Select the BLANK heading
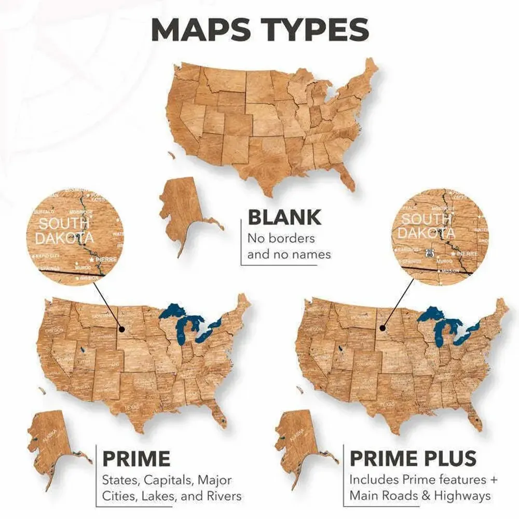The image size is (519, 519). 284,217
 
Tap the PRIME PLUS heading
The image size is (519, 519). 413,459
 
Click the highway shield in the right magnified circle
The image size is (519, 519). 428,253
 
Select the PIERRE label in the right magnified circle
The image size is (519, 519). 468,254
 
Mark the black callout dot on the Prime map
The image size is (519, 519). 121,329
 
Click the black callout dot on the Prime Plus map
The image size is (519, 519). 383,328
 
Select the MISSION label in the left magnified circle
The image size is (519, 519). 89,278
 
